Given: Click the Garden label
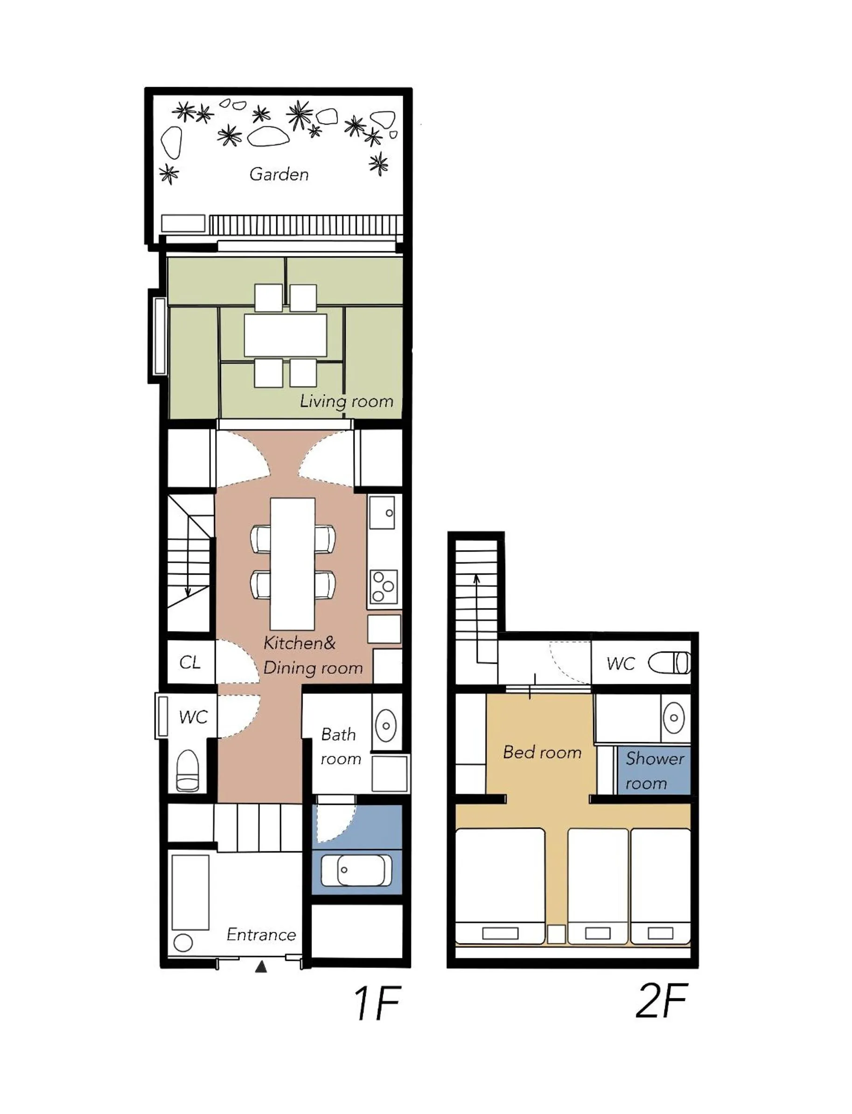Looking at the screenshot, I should click(x=279, y=175).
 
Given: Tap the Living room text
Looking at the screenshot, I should click(x=346, y=402).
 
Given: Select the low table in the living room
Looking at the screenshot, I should click(x=286, y=335).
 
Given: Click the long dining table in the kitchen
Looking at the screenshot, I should click(x=292, y=564).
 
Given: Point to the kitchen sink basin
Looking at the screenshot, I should click(x=382, y=513).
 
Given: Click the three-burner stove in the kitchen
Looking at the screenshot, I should click(x=384, y=587).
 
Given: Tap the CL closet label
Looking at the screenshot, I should click(x=190, y=663).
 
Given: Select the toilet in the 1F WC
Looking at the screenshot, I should click(x=188, y=770).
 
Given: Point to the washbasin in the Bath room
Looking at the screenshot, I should click(x=386, y=726).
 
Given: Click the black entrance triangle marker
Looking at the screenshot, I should click(x=261, y=967).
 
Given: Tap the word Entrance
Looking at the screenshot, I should click(x=261, y=934).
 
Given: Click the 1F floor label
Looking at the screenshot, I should click(x=377, y=1003).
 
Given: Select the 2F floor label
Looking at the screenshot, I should click(x=661, y=1001).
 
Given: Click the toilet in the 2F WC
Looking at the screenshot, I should click(x=670, y=663).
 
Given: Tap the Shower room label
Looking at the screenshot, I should click(x=654, y=770).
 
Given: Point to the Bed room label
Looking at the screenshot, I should click(x=542, y=752).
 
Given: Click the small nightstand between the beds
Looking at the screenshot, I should click(x=556, y=934).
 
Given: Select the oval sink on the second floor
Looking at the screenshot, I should click(x=674, y=718).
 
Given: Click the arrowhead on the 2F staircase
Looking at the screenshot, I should click(x=476, y=578).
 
